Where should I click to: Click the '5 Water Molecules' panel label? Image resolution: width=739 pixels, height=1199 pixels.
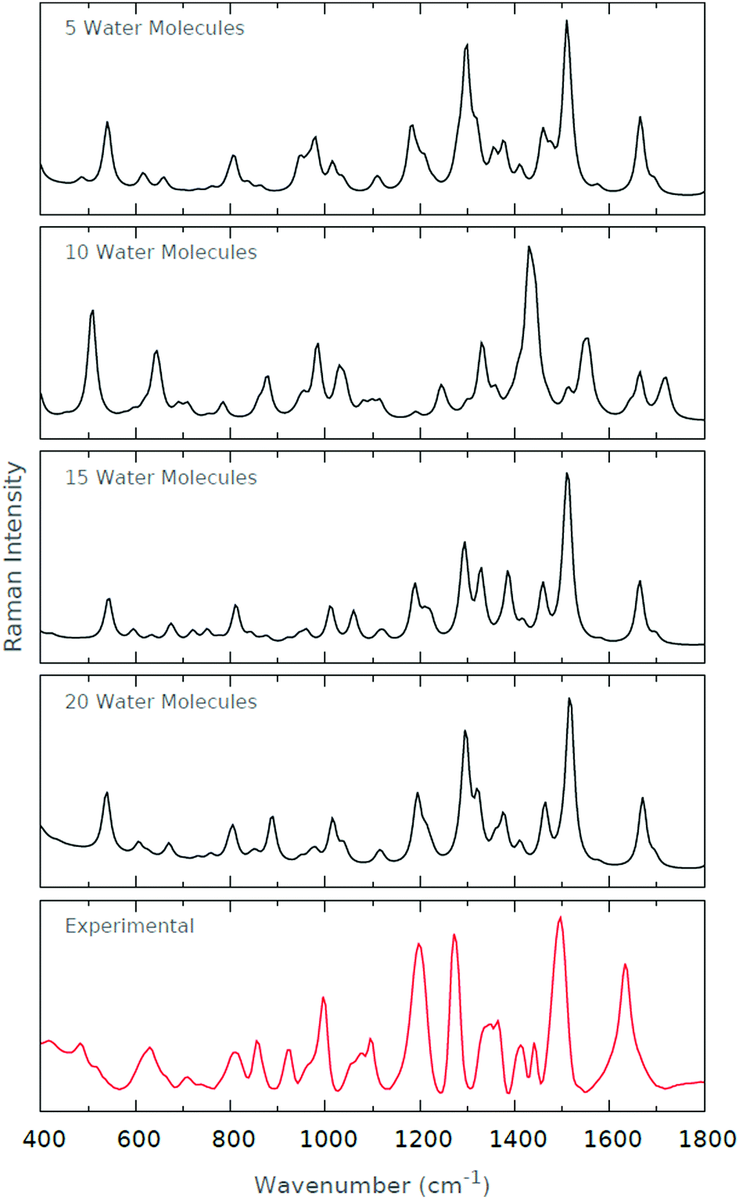coord(154,28)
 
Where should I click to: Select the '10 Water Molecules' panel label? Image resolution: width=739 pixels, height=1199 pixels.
coord(160,252)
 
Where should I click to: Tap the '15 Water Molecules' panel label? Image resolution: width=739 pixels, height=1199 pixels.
coord(160,477)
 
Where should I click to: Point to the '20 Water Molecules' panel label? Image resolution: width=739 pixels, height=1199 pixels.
coord(160,701)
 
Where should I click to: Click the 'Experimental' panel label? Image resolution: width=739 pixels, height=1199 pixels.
coord(129,926)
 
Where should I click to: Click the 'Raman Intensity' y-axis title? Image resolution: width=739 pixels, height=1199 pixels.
coord(14,556)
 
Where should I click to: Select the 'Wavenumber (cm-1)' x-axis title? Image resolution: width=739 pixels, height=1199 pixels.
coord(371,1184)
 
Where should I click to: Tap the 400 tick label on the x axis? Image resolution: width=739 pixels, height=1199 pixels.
coord(44,1139)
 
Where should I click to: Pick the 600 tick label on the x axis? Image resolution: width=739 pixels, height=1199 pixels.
coord(138,1139)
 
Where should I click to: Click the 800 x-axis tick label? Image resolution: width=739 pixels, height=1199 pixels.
coord(233,1139)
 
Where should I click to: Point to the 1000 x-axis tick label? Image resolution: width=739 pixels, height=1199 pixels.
coord(328,1139)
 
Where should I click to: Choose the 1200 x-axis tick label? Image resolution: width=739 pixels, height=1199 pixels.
coord(422,1139)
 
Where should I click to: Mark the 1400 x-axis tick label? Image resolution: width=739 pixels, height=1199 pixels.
coord(517,1139)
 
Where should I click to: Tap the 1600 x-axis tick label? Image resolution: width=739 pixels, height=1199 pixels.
coord(612,1139)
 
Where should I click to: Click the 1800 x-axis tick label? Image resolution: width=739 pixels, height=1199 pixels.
coord(706,1139)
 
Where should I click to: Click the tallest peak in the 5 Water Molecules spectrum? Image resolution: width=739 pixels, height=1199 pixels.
coord(566,21)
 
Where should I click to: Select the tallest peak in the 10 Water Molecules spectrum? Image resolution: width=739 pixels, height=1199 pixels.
coord(529,247)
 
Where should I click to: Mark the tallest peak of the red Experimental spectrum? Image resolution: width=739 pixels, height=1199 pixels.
coord(560,917)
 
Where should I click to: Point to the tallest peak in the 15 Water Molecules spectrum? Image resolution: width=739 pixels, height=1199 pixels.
coord(567,473)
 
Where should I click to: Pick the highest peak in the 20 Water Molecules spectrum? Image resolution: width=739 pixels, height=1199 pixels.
coord(569,699)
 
